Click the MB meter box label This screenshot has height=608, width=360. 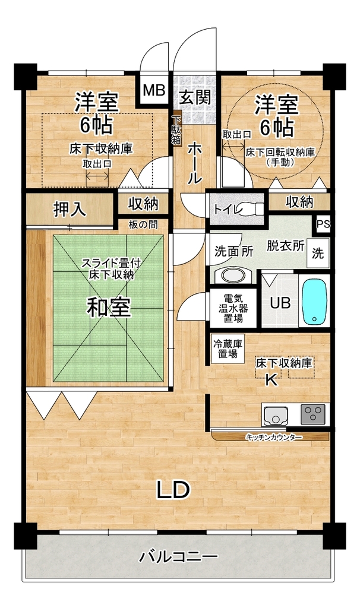[154, 91]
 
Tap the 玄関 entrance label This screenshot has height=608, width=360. [195, 97]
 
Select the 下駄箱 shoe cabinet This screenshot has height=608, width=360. [177, 129]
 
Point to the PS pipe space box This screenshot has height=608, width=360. [323, 224]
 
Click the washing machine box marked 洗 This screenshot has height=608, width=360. [318, 253]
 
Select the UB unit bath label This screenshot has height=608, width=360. [280, 302]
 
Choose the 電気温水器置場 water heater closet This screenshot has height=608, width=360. [233, 308]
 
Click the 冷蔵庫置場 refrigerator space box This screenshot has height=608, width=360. [228, 349]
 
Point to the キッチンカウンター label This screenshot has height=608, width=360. [274, 437]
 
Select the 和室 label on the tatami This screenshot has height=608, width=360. [108, 307]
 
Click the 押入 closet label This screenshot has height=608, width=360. [70, 210]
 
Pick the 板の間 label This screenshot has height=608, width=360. [143, 224]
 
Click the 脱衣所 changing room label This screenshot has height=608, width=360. [285, 246]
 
